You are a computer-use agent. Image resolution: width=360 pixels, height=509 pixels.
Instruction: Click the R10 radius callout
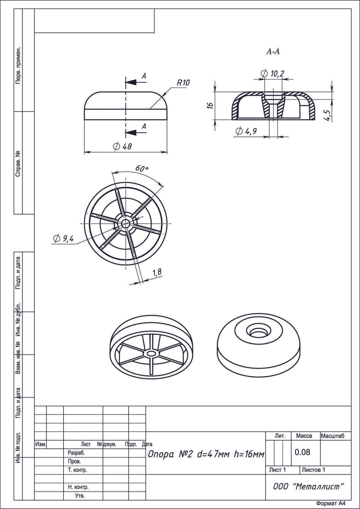click(x=183, y=83)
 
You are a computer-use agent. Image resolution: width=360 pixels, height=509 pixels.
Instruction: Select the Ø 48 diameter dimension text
click(x=122, y=147)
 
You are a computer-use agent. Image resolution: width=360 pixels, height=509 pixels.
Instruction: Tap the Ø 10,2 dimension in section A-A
click(x=273, y=74)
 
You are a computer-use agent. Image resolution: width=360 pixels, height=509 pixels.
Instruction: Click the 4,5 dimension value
click(x=328, y=115)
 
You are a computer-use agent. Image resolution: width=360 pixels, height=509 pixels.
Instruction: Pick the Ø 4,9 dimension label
click(x=246, y=131)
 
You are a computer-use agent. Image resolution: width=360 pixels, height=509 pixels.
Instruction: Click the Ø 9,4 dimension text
click(x=63, y=238)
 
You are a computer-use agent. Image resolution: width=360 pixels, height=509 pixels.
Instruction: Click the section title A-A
click(x=273, y=51)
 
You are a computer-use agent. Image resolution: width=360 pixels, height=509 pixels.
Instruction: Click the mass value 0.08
click(x=302, y=452)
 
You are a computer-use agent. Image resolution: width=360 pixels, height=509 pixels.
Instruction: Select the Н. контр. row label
click(x=78, y=487)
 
